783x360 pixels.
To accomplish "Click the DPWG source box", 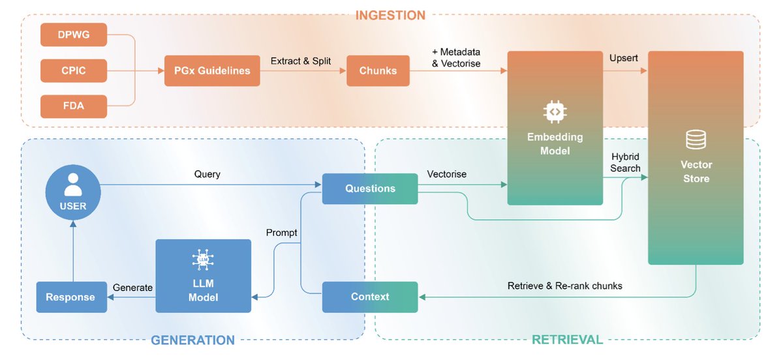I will coord(73,35).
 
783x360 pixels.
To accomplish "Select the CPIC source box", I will coord(73,70).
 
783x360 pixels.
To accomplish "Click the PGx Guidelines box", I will coord(212,70).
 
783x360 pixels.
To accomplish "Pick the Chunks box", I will coord(378,70).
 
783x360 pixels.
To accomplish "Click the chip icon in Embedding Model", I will coord(555,112).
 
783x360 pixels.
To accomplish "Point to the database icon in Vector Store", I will coord(696,140).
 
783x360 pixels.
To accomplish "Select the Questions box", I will coord(370,188).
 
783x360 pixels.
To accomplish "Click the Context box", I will coord(370,297).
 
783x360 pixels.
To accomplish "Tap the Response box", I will coord(70,297).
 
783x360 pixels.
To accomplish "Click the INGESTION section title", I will coord(390,15).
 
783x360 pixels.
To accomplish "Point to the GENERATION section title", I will coord(192,340).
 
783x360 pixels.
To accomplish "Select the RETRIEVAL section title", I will coord(567,340).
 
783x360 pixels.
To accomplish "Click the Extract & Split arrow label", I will coord(301,61).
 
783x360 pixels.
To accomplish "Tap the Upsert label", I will coord(624,58).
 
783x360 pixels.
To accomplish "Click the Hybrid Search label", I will coord(625,163).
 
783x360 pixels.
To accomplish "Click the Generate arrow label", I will coord(132,288).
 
